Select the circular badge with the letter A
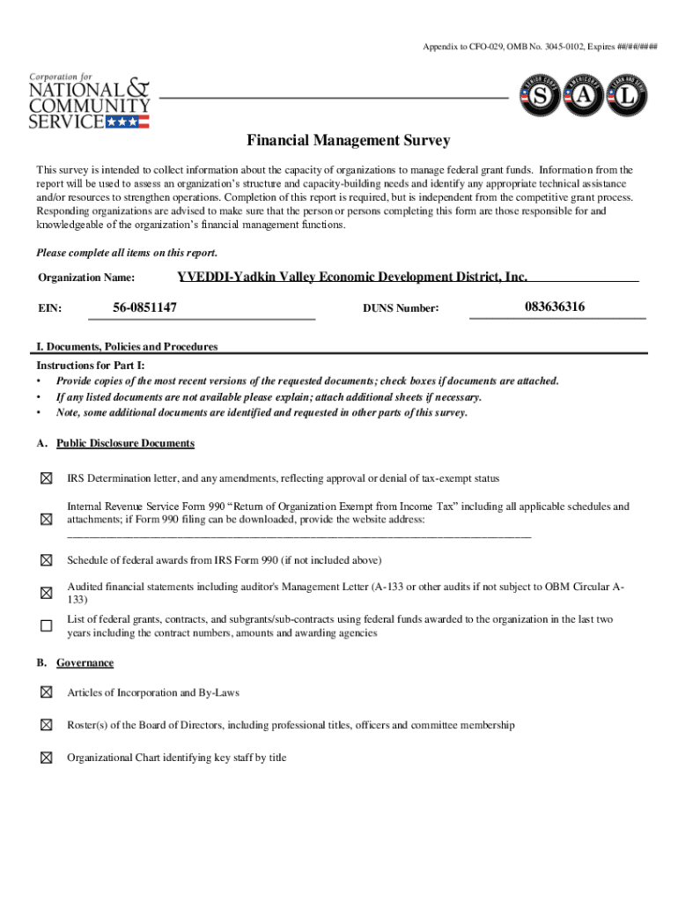point(585,99)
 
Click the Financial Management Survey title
point(348,141)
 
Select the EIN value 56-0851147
point(145,307)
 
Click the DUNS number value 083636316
point(555,307)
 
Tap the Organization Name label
point(86,278)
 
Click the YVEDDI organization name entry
point(352,277)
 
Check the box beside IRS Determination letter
point(46,478)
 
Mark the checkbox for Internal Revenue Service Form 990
point(46,520)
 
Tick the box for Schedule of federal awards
point(46,560)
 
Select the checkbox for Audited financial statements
point(46,593)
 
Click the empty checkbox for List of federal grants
point(46,625)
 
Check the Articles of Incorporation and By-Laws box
point(46,692)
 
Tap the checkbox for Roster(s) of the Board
point(46,725)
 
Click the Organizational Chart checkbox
point(46,758)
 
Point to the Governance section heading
point(85,662)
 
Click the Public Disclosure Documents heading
point(125,443)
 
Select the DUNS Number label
point(401,308)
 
